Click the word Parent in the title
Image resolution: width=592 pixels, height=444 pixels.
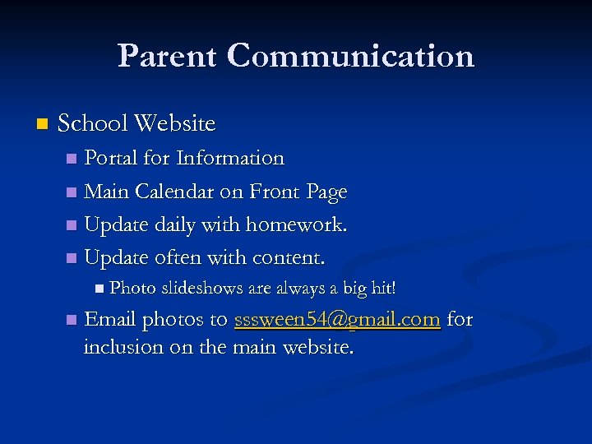168,56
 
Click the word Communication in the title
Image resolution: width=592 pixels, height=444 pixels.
351,56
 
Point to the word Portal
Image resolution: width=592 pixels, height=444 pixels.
111,158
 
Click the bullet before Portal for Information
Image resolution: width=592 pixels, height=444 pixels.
73,159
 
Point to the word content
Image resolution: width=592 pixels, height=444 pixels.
287,258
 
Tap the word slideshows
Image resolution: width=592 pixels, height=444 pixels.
197,289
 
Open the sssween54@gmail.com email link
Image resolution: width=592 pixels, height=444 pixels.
337,320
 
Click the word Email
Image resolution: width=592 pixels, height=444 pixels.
111,319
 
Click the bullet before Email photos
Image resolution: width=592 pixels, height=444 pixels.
73,320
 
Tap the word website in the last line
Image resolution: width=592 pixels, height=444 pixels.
318,347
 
